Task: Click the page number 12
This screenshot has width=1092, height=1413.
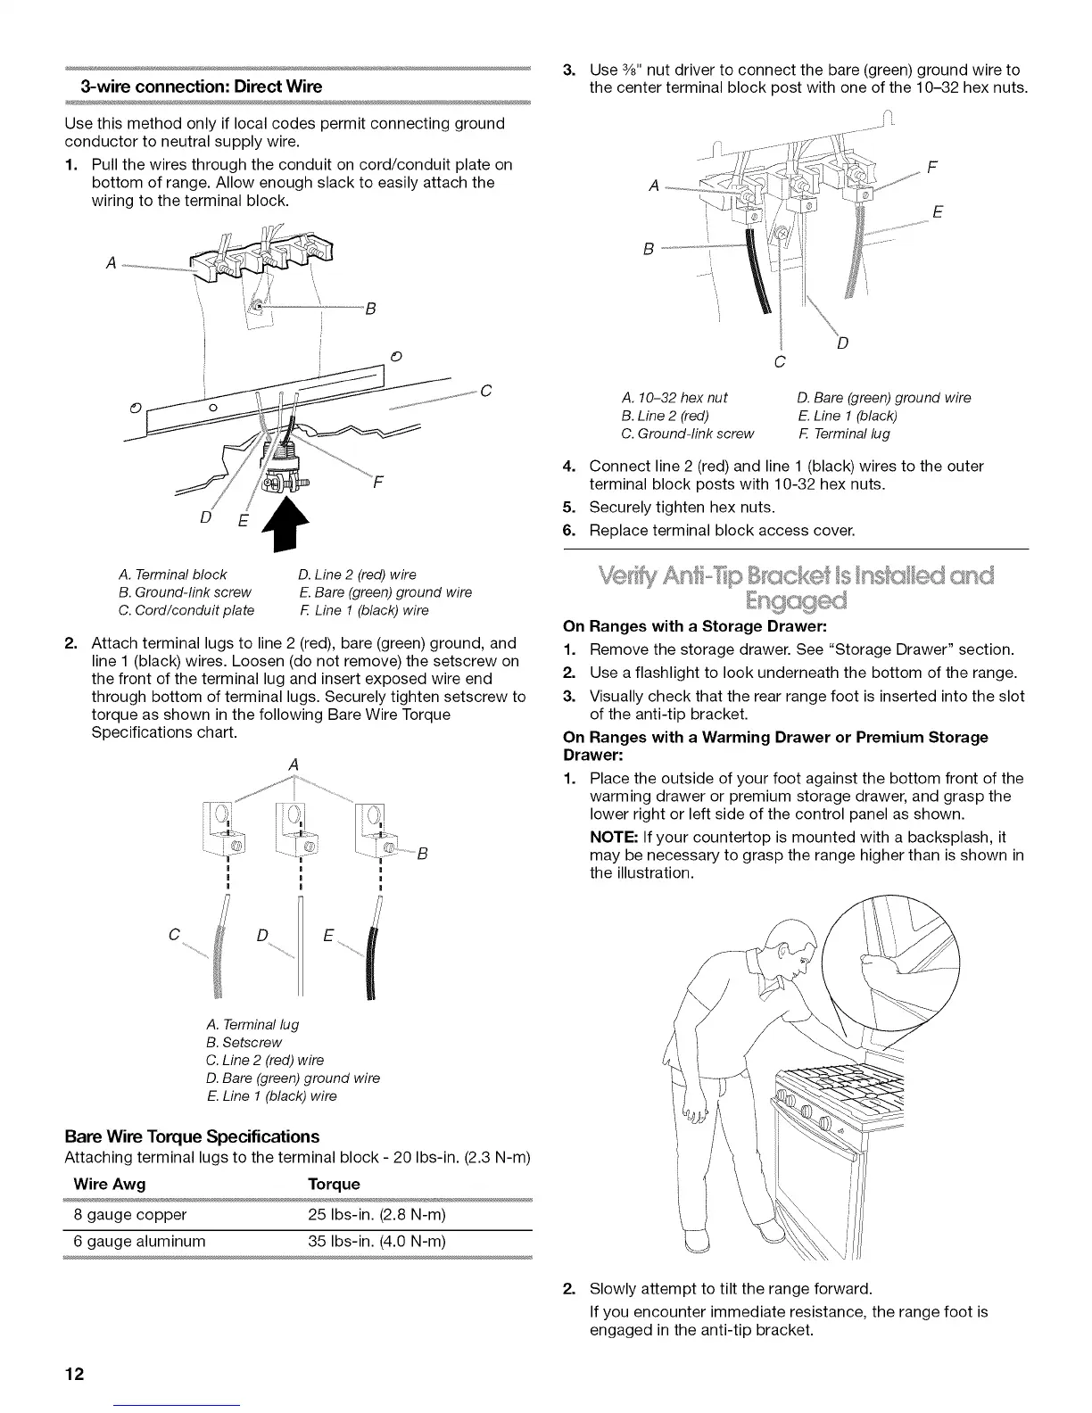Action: pyautogui.click(x=74, y=1374)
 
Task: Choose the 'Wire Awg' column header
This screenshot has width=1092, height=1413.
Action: pyautogui.click(x=110, y=1184)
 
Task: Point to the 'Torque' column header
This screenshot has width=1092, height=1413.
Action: pyautogui.click(x=333, y=1184)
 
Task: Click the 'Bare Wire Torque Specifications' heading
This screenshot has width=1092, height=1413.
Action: pyautogui.click(x=192, y=1136)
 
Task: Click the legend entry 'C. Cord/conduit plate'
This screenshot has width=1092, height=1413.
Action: pyautogui.click(x=186, y=610)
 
